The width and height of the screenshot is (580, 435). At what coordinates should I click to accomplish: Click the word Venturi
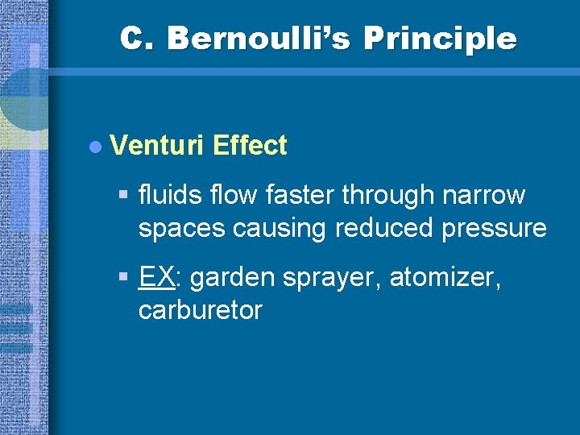[158, 146]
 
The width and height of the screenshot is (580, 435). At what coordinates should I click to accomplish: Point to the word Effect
[250, 146]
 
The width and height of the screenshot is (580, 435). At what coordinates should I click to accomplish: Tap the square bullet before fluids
[122, 195]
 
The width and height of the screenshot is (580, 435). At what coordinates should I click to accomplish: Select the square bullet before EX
[122, 277]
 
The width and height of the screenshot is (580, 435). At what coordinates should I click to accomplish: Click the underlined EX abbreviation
[157, 278]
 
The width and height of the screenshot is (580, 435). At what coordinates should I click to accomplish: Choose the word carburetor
[200, 311]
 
